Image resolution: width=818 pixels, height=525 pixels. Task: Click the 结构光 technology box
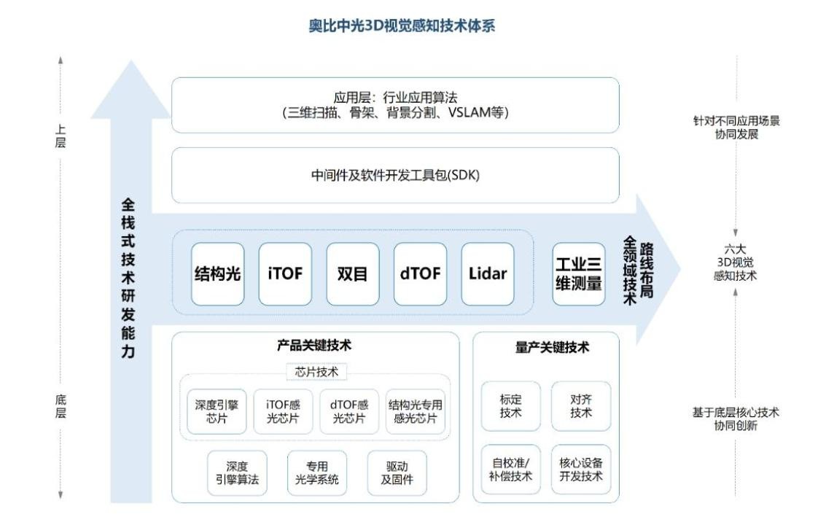click(217, 274)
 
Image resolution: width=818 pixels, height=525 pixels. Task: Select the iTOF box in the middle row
click(285, 274)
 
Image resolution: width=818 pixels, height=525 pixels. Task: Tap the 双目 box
click(353, 274)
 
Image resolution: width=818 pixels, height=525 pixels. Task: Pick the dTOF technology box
click(420, 274)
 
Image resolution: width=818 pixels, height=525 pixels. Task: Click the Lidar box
click(488, 274)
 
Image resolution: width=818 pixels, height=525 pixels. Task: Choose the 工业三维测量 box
click(579, 274)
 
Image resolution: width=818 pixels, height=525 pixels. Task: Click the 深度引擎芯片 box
click(217, 411)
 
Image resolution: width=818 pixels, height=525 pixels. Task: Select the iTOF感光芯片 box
click(283, 411)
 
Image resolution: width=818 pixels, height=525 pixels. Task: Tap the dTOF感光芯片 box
click(349, 411)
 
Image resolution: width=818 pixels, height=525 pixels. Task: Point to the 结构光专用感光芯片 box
click(416, 411)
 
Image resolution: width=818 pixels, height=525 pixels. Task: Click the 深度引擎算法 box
click(238, 472)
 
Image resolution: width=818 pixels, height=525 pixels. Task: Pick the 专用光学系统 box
click(317, 472)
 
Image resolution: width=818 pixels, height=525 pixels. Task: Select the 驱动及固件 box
click(397, 472)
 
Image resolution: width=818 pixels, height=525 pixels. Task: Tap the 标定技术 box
click(511, 406)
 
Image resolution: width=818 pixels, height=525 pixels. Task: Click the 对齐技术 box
click(581, 406)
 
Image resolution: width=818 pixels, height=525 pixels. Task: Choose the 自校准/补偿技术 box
click(511, 469)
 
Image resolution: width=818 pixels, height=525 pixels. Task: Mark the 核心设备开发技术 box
click(581, 469)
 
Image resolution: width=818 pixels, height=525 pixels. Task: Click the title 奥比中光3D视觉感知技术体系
click(402, 26)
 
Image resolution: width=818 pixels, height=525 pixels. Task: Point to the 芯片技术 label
click(316, 372)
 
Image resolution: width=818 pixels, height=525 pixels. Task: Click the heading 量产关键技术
click(552, 347)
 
